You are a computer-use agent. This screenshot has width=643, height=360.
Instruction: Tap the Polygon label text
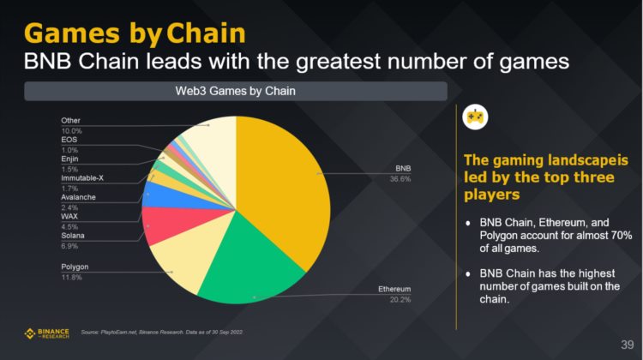coord(75,267)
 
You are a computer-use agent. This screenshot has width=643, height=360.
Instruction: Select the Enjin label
coord(70,159)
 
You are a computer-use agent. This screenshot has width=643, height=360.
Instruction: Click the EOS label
coord(69,139)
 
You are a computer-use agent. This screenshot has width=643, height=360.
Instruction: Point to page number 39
coord(627,344)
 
